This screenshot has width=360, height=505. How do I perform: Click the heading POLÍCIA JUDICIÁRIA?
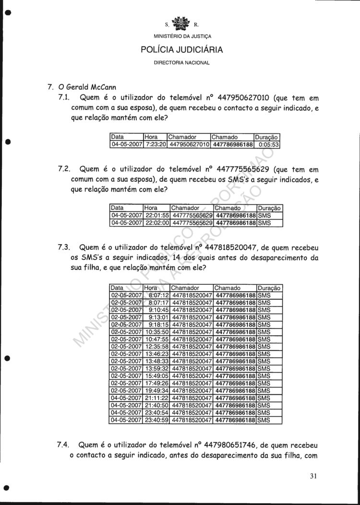[182, 49]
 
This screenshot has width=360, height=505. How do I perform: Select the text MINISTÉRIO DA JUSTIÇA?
[182, 36]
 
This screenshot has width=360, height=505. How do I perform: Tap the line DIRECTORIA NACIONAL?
[182, 63]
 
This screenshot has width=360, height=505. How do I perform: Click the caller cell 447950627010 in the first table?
[188, 144]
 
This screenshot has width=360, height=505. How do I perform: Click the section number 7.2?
[64, 169]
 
